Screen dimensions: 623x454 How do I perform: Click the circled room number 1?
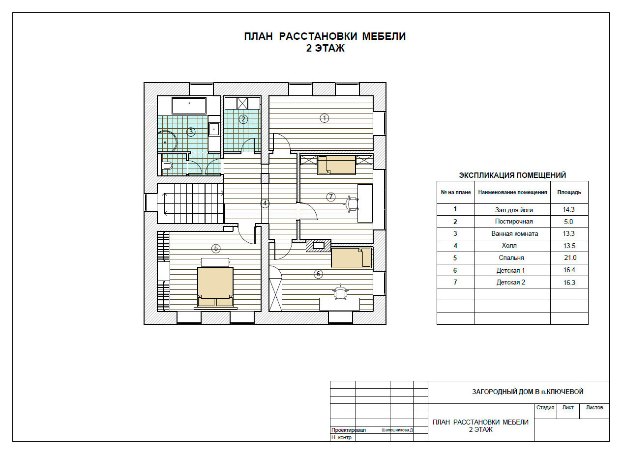pos(325,118)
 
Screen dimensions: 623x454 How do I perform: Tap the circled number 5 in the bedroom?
pos(216,249)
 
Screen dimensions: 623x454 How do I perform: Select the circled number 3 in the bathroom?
pos(190,131)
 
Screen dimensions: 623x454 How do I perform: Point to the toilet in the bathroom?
pos(167,166)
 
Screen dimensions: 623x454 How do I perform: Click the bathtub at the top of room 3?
pos(189,106)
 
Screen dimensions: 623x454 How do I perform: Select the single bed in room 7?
pos(337,165)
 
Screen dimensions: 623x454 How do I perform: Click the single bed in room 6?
pos(351,258)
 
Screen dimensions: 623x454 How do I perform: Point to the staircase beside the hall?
pos(190,203)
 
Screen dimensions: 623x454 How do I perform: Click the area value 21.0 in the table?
pos(570,257)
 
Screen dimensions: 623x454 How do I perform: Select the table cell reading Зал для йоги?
pos(514,210)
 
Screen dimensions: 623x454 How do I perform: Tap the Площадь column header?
pos(569,192)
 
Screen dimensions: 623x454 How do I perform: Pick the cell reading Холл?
pos(509,245)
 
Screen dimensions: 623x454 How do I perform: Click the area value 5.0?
pos(568,222)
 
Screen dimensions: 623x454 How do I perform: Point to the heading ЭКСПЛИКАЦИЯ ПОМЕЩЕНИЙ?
pos(512,175)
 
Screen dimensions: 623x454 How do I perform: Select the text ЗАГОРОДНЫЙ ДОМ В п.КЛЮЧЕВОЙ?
pos(528,392)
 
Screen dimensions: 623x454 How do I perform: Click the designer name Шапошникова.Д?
pos(397,430)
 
